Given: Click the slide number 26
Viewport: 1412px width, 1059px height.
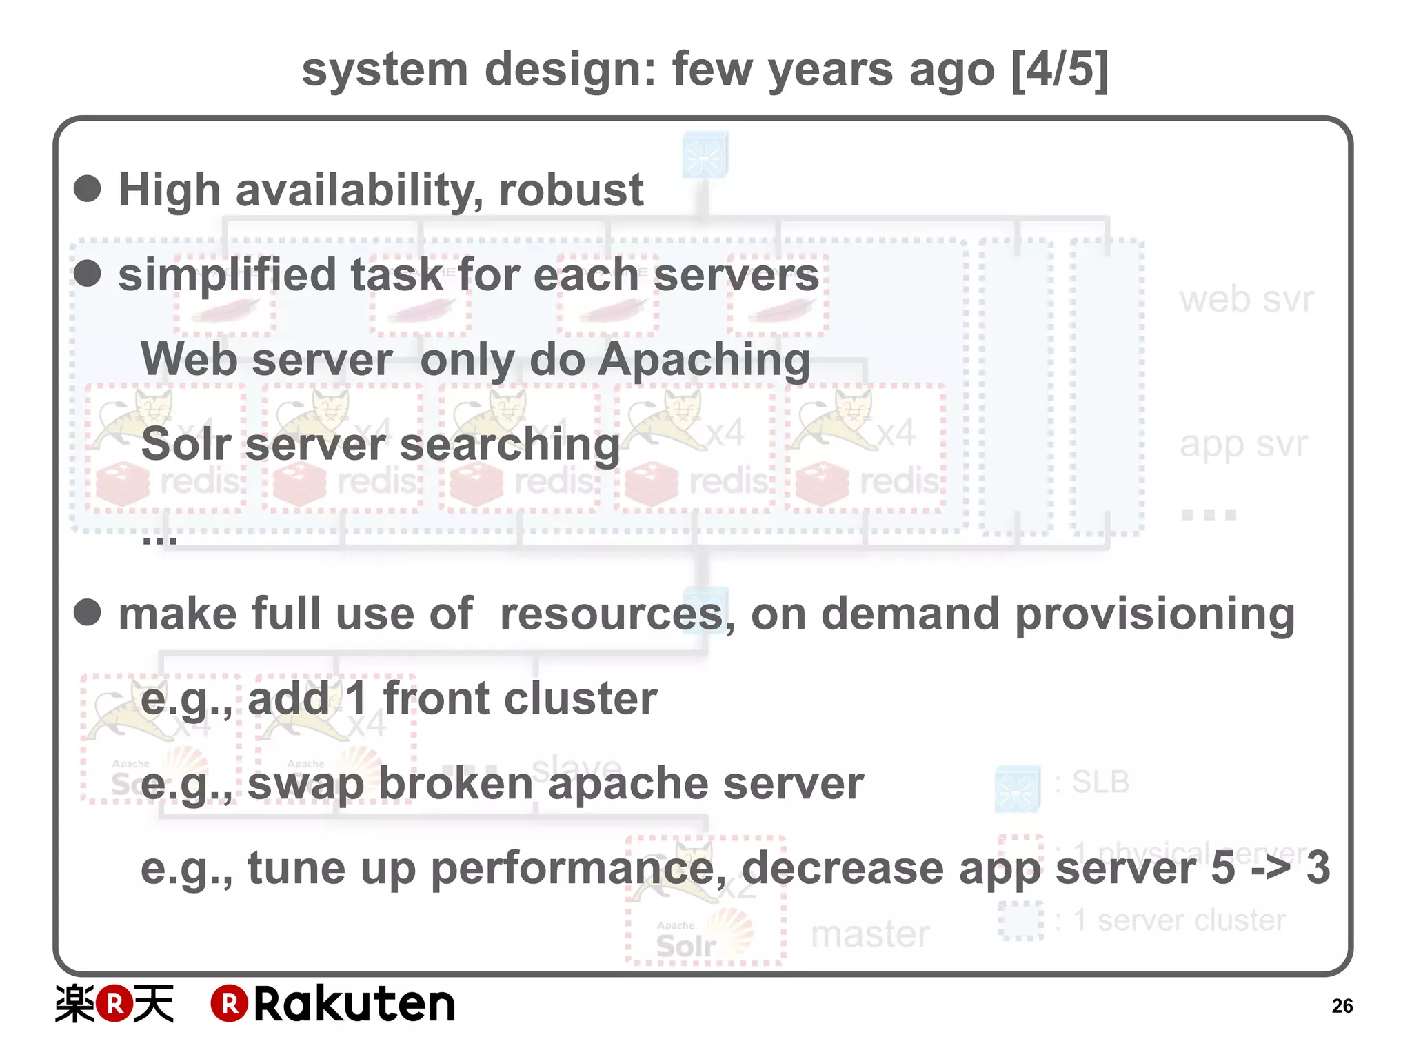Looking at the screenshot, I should point(1342,1006).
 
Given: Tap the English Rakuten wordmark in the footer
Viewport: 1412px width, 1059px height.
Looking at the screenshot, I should point(333,1004).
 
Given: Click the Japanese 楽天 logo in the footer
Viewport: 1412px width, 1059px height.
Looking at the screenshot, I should point(114,1004).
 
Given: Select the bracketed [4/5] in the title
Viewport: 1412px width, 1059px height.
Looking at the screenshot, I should point(1060,69).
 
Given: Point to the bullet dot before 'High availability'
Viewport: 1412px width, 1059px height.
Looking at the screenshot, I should point(88,188).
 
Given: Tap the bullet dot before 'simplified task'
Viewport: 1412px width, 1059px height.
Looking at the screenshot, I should point(88,273).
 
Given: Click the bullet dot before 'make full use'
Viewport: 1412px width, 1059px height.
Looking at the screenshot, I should point(88,612).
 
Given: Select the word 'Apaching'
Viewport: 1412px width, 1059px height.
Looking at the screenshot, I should point(704,361).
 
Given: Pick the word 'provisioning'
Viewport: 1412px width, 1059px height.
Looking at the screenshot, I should point(1155,614).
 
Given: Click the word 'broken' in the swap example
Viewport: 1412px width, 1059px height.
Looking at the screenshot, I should point(456,784).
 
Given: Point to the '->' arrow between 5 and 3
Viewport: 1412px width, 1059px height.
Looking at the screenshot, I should point(1270,868).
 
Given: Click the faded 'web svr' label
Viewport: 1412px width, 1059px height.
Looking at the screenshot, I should point(1247,300).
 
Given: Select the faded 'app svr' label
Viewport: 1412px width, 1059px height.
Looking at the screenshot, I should point(1243,444).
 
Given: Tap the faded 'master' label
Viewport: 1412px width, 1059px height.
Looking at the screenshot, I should point(870,934).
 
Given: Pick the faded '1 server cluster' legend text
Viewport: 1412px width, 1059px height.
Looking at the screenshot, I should point(1179,920).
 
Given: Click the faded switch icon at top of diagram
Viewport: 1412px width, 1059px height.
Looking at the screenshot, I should point(705,154).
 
